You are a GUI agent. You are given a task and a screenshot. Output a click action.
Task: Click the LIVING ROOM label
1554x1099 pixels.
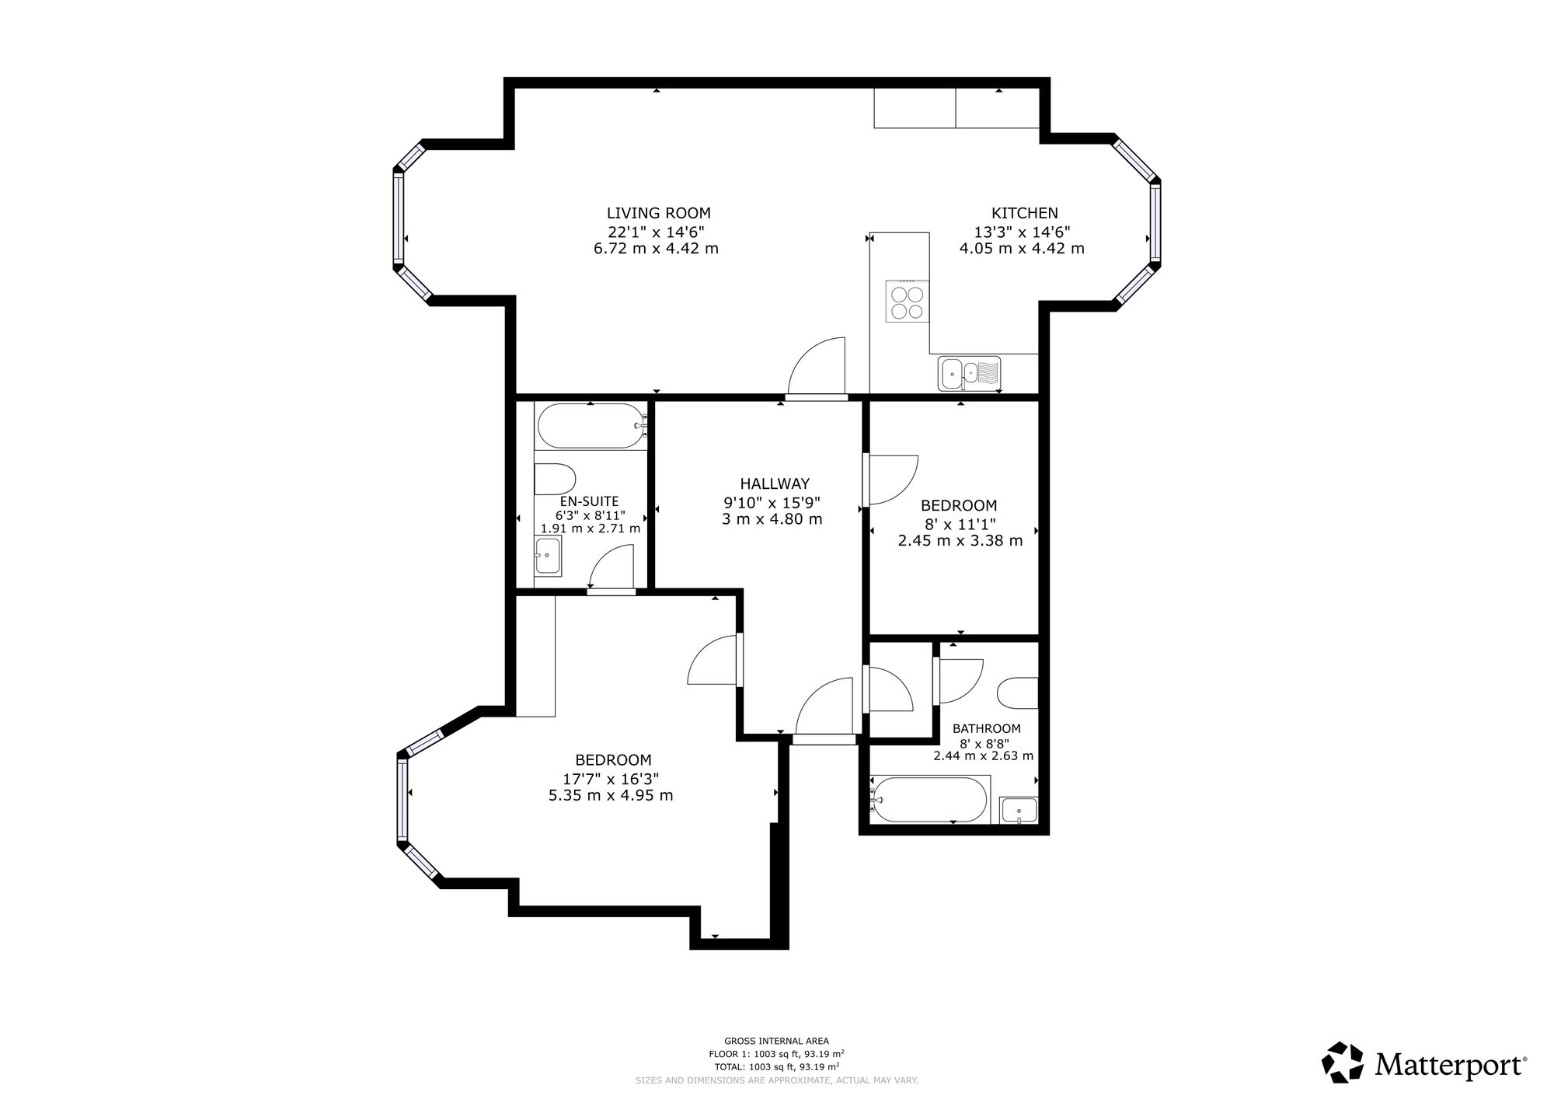coord(658,213)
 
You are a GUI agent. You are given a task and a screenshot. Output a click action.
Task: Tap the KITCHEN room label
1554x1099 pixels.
coord(1024,213)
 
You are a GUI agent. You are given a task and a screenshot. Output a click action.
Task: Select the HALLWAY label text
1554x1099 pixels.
coord(775,483)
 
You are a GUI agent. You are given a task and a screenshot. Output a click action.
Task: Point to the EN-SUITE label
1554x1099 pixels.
coord(590,501)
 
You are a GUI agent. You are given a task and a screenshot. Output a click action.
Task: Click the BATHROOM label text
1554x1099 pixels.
coord(987,729)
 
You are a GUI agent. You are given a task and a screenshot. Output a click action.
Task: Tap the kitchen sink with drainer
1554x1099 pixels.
coord(969,374)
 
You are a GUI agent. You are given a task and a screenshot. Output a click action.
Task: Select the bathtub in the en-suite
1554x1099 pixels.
coord(591,426)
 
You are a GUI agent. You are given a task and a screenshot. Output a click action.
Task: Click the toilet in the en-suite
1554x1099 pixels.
coord(555,480)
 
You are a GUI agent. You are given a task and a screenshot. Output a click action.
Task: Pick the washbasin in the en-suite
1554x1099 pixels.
coord(548,556)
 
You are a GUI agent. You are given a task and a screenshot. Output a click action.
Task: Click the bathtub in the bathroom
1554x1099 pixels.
coord(929,799)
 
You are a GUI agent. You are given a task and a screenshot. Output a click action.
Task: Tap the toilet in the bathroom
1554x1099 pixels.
coord(1017,693)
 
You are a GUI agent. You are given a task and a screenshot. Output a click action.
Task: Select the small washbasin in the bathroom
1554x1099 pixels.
coord(1019,810)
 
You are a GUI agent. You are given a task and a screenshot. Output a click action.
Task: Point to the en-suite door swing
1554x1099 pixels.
coord(612,567)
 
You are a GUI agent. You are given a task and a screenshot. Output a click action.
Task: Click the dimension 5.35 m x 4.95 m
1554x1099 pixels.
coord(611,795)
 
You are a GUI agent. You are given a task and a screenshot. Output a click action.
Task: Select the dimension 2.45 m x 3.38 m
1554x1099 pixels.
coord(960,540)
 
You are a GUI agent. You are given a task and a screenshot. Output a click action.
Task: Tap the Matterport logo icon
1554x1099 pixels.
coord(1343,1062)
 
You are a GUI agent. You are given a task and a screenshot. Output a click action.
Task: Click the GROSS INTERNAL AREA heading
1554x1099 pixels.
coord(776,1041)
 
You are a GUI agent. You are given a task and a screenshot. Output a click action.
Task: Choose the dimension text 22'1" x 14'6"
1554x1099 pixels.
coord(657,232)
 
